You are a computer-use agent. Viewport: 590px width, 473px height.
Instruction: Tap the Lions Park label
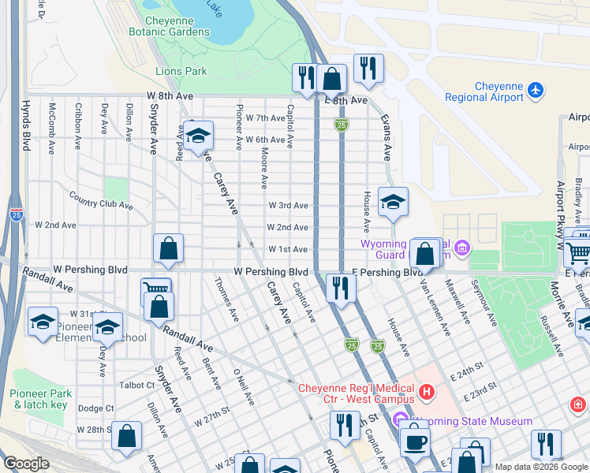pyautogui.click(x=181, y=71)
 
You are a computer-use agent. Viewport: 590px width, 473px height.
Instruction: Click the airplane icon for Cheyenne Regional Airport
pyautogui.click(x=536, y=90)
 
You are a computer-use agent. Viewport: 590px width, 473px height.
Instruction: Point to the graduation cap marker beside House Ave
pyautogui.click(x=393, y=203)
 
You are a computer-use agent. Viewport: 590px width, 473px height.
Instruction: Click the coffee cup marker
pyautogui.click(x=414, y=441)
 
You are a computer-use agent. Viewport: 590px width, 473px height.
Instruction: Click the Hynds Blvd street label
pyautogui.click(x=26, y=125)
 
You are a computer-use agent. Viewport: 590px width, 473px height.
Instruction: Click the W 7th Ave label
pyautogui.click(x=265, y=117)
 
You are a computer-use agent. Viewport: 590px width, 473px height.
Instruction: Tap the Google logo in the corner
pyautogui.click(x=26, y=464)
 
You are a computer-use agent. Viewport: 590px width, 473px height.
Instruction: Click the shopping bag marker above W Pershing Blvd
pyautogui.click(x=169, y=249)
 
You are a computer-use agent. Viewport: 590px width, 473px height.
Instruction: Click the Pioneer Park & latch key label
pyautogui.click(x=40, y=399)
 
